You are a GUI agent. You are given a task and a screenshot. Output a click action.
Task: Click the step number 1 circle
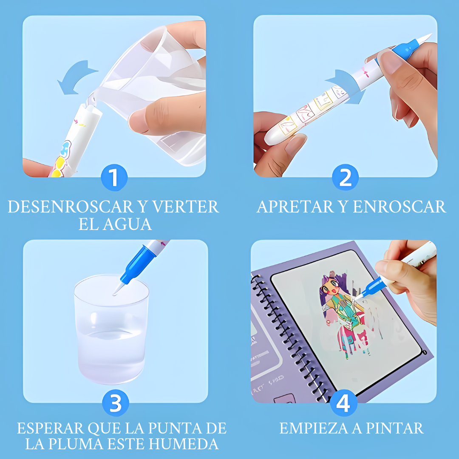tap(114, 177)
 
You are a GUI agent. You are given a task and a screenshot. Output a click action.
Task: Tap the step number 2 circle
tap(345, 177)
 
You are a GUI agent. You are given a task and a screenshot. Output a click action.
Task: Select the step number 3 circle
tap(115, 403)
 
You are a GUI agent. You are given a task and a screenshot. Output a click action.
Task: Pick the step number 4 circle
tap(343, 403)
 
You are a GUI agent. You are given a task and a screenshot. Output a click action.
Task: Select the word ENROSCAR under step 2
tap(399, 207)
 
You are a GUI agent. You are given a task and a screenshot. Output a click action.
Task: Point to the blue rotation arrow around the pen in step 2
tap(348, 85)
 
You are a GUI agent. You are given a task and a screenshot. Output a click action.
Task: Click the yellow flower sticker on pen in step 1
tap(59, 167)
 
